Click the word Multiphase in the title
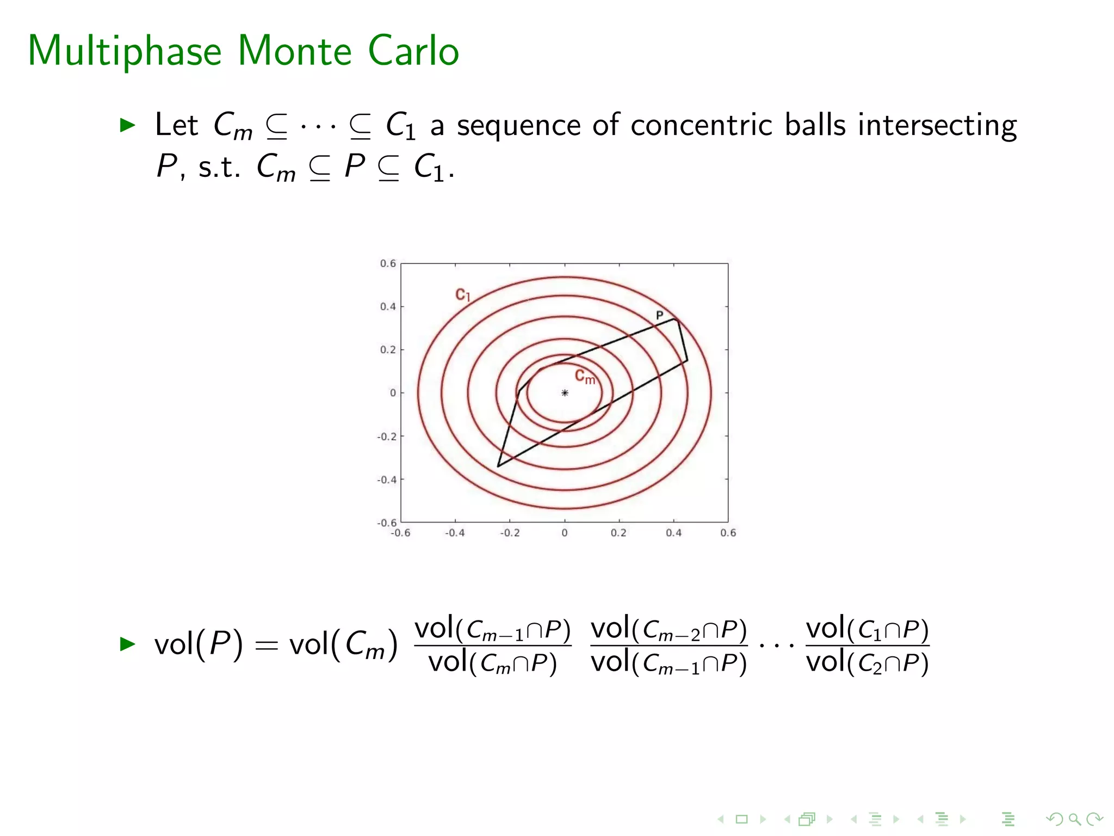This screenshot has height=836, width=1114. [x=124, y=52]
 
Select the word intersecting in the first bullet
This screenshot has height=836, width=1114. [x=937, y=126]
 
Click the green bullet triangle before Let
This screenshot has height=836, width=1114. [x=127, y=125]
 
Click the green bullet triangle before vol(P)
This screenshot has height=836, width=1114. [x=127, y=644]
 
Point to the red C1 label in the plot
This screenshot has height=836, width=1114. [x=462, y=295]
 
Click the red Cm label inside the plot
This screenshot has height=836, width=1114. [x=585, y=377]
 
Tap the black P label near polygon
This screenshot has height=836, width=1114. [x=659, y=315]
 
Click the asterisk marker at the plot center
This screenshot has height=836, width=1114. [x=565, y=392]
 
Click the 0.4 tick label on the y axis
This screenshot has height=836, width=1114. [x=388, y=306]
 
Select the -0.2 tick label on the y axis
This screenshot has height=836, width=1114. [x=387, y=437]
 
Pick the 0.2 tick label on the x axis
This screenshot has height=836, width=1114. [x=618, y=533]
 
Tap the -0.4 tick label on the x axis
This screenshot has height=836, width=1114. [x=455, y=533]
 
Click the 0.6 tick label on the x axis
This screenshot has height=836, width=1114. [x=728, y=533]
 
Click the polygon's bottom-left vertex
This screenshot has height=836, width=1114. [x=498, y=466]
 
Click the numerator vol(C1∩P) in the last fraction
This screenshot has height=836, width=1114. [x=867, y=629]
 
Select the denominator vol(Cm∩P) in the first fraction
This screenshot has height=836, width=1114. [x=492, y=663]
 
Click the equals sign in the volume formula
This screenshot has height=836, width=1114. [x=266, y=646]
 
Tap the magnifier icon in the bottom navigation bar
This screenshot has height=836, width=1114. [x=1074, y=819]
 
